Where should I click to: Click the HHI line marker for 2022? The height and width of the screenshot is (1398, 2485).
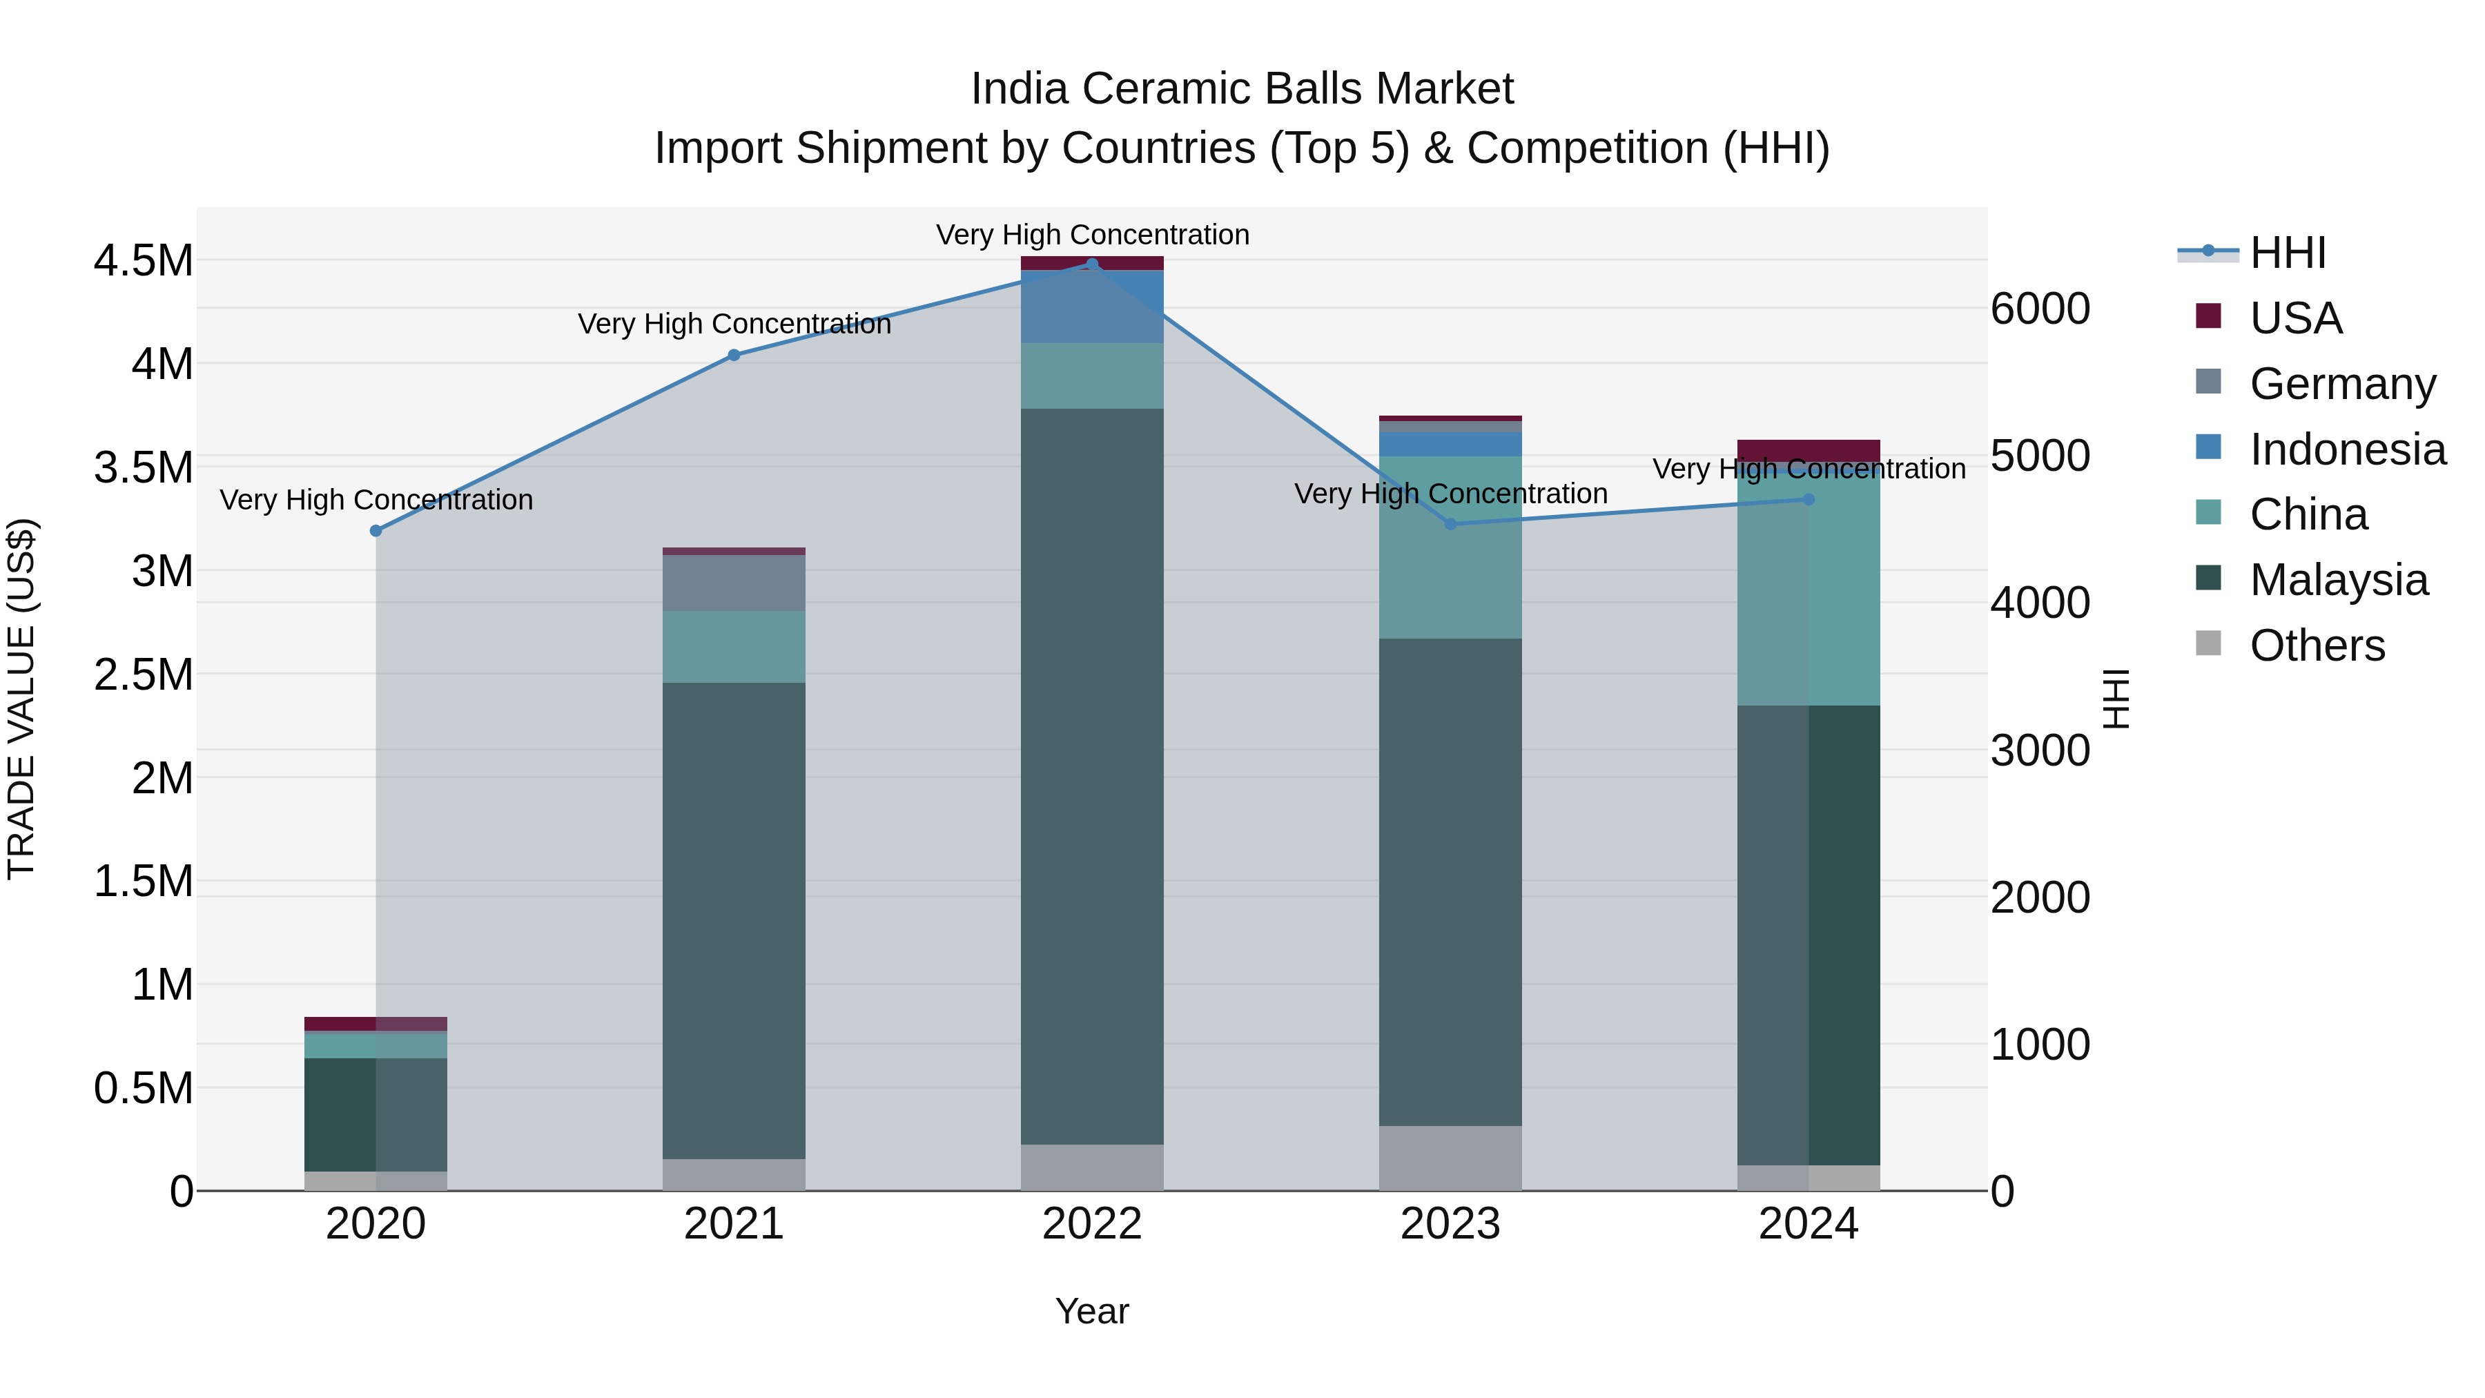pos(1092,264)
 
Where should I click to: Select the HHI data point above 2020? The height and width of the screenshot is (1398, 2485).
pos(376,531)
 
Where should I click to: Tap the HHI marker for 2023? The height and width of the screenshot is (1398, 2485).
pos(1450,524)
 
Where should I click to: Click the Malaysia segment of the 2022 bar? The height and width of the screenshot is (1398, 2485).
pos(1092,776)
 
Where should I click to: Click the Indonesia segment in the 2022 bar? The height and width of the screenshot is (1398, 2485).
pos(1092,307)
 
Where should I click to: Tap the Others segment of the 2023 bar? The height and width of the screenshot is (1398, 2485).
pos(1450,1157)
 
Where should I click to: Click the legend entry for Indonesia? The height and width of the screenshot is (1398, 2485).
pos(2346,449)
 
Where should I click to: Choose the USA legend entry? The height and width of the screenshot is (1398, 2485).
pos(2295,318)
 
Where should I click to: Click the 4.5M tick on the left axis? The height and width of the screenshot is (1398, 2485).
pos(143,260)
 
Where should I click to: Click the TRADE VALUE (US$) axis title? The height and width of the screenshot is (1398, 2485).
pos(21,699)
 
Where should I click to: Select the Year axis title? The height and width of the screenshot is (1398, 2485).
pos(1091,1311)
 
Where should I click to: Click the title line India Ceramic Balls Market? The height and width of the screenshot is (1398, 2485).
pos(1242,89)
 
